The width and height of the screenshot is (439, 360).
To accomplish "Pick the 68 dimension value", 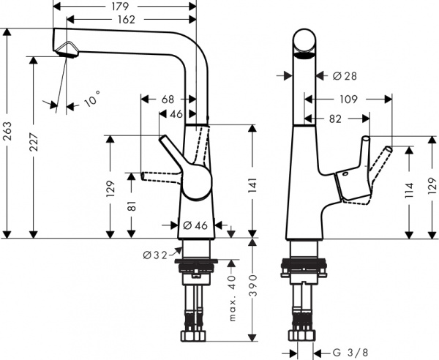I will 168,99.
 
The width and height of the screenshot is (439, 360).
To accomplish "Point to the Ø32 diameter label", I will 156,254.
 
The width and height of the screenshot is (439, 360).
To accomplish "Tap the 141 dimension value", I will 251,189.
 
